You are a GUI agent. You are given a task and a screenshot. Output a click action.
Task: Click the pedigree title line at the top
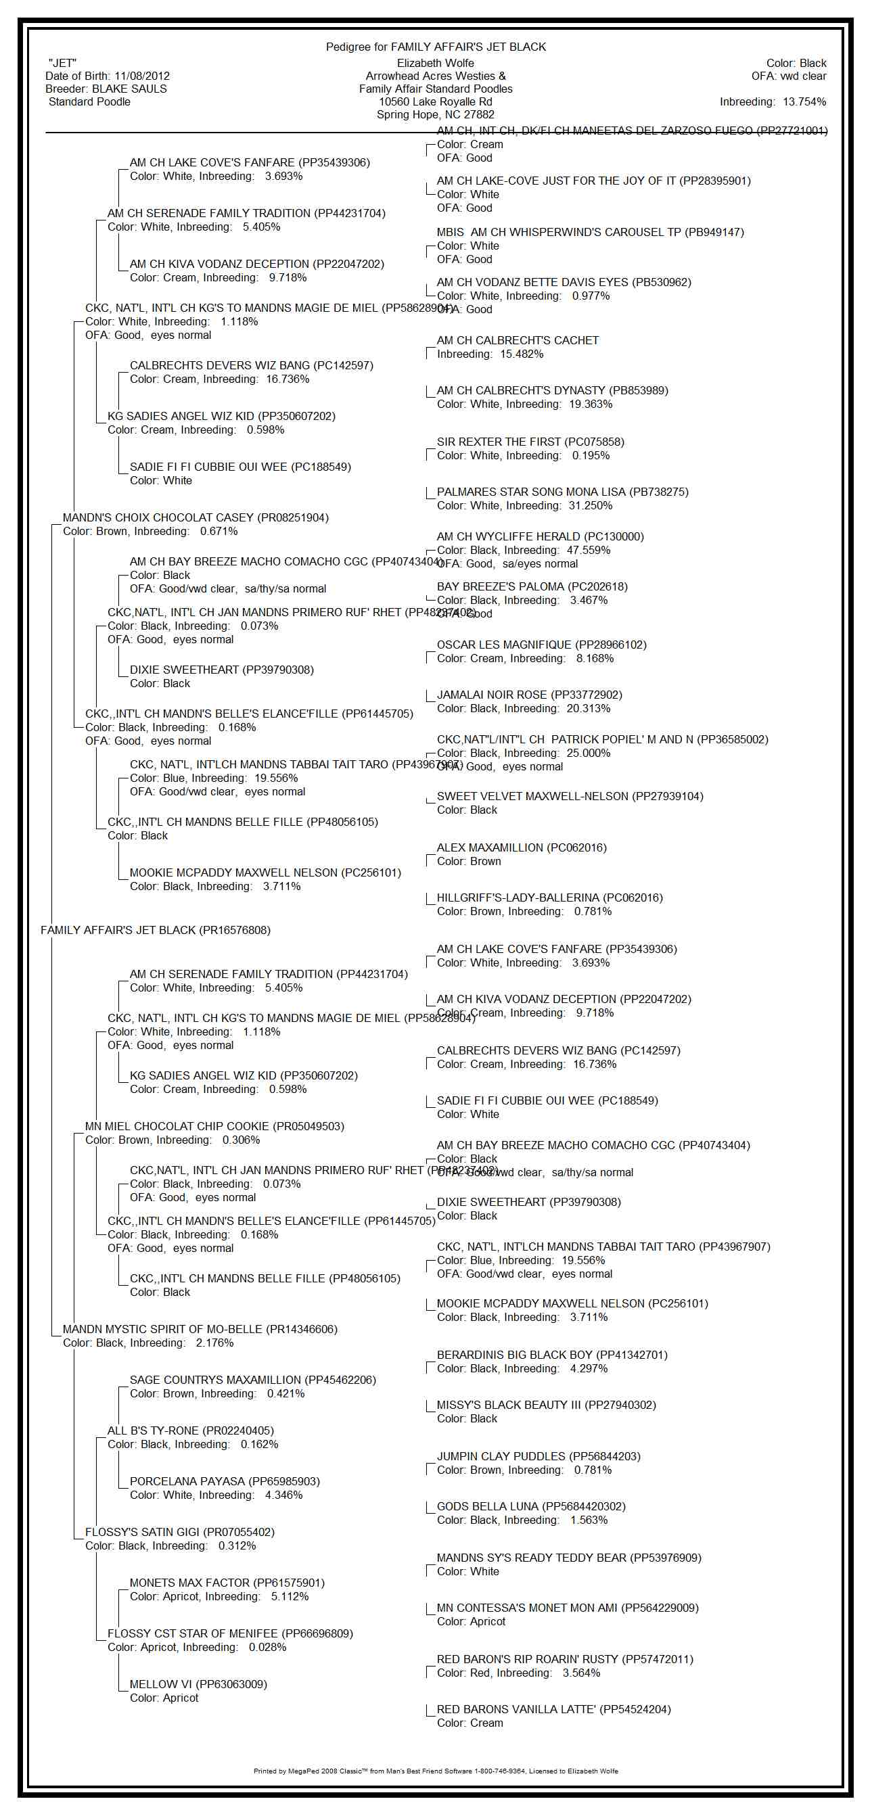(x=436, y=47)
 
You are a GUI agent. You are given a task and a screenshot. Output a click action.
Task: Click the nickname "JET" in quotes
(x=62, y=64)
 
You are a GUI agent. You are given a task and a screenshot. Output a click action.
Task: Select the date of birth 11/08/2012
(x=141, y=76)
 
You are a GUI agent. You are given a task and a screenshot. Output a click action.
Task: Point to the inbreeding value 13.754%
(x=804, y=102)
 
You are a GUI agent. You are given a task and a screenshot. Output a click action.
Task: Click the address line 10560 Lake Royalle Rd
(x=436, y=102)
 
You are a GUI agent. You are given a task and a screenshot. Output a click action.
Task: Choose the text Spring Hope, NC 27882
(x=436, y=115)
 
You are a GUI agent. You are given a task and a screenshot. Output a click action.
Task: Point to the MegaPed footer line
(x=436, y=1771)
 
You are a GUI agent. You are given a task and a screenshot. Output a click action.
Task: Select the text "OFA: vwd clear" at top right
(x=788, y=76)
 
